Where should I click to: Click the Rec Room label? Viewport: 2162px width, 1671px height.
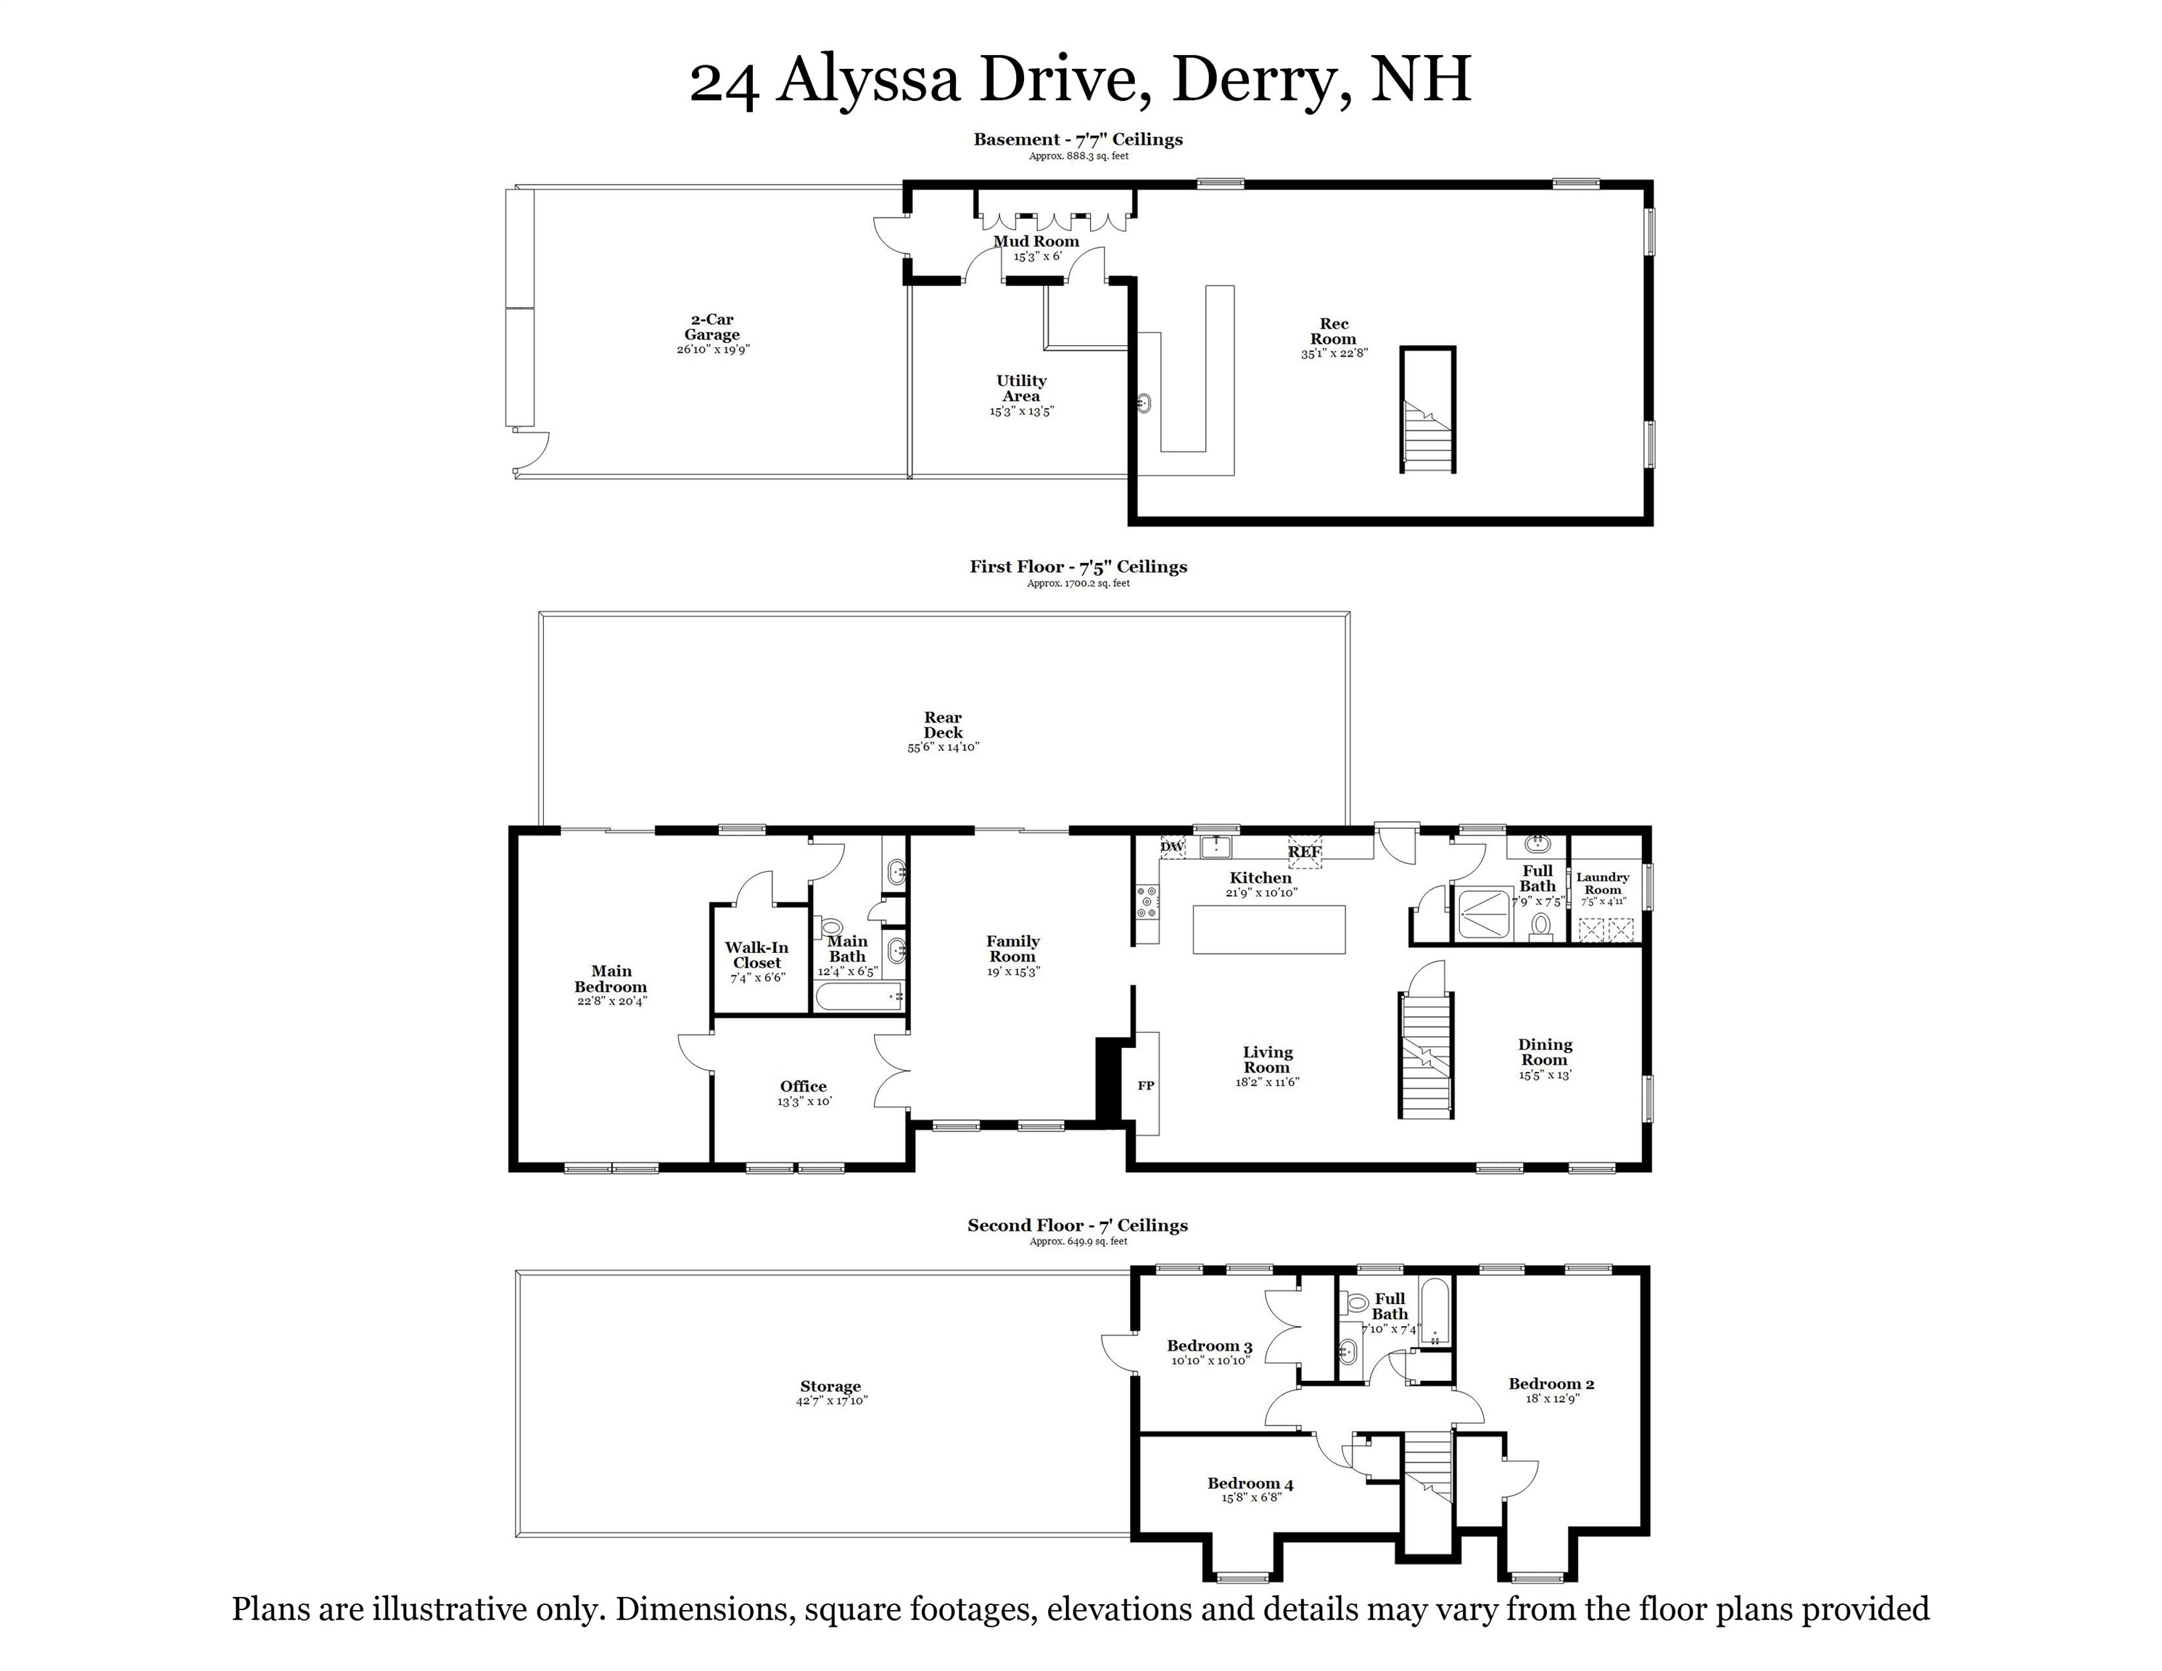point(1334,331)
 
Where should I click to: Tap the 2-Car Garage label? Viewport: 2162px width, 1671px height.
point(711,326)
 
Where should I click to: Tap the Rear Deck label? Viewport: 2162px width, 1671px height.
point(942,725)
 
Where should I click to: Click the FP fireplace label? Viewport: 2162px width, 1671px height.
point(1145,1086)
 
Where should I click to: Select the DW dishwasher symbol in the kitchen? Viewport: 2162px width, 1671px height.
point(1171,847)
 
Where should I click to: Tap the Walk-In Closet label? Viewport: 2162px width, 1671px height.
point(757,955)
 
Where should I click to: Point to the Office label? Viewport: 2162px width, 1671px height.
point(803,1086)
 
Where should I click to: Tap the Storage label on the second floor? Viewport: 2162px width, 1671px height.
point(830,1386)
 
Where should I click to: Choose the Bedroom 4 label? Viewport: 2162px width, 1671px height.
point(1250,1483)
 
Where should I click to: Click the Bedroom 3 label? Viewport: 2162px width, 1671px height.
point(1210,1345)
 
